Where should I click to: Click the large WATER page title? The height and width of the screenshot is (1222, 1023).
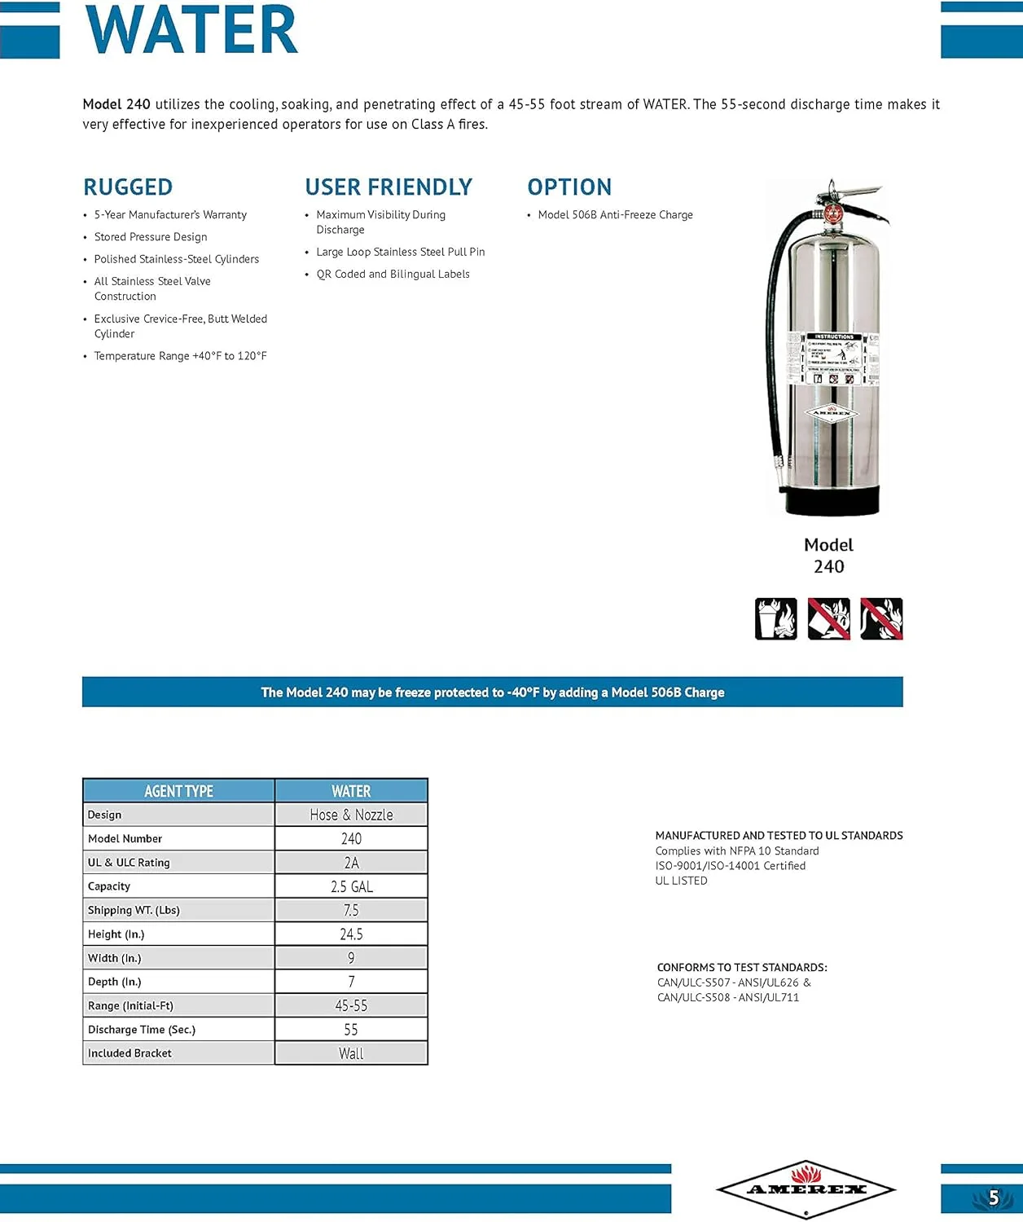coord(192,30)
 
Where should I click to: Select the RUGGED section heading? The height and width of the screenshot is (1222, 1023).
coord(128,187)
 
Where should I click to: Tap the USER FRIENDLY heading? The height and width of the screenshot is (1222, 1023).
coord(389,187)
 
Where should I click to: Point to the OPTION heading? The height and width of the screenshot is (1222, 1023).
coord(569,187)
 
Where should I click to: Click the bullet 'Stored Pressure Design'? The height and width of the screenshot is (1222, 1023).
coord(151,237)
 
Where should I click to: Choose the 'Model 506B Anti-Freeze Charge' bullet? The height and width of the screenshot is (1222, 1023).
coord(615,215)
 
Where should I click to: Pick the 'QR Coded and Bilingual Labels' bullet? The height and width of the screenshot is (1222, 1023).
coord(393,275)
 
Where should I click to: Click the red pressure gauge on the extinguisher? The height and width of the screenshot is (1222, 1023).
coord(832,214)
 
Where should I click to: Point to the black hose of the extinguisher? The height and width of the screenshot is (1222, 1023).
coord(771,342)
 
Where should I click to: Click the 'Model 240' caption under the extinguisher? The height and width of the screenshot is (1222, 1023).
coord(828,556)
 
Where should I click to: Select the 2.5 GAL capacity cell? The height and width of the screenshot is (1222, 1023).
coord(351,886)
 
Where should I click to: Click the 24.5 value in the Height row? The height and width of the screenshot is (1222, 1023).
coord(351,934)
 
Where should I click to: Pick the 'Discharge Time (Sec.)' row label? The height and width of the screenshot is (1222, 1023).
coord(142,1030)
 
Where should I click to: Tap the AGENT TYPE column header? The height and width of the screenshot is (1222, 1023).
coord(178,791)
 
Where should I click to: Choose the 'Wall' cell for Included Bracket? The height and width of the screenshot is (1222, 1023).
coord(351,1053)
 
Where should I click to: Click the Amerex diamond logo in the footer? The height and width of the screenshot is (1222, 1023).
coord(806,1189)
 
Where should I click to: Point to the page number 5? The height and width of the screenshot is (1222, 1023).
coord(993,1198)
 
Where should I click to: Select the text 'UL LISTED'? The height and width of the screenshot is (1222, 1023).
coord(681,881)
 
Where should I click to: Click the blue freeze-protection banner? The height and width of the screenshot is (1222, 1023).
coord(492,692)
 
